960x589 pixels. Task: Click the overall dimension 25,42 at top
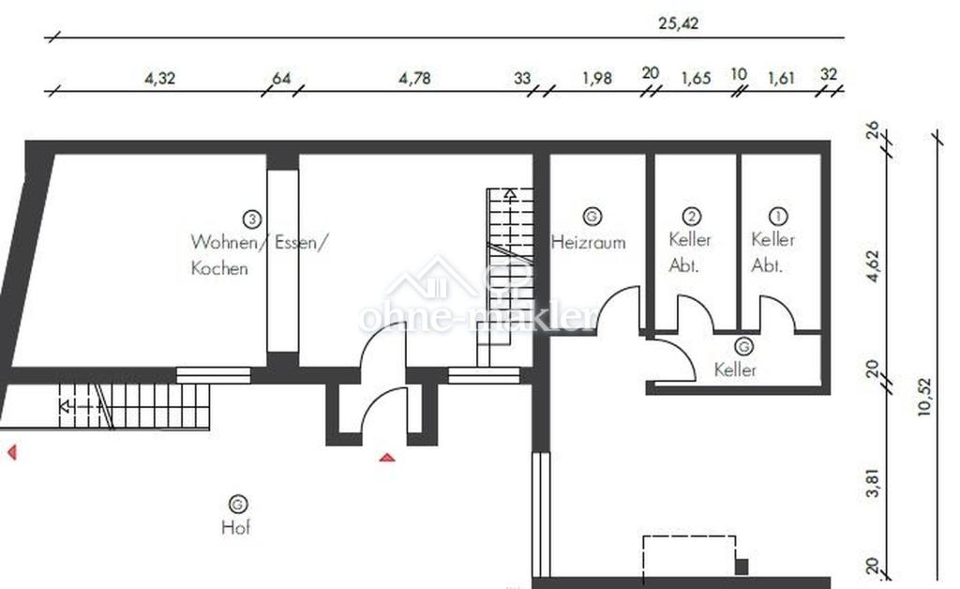click(678, 23)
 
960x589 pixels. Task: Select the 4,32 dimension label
click(159, 79)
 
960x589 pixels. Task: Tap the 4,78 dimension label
click(414, 79)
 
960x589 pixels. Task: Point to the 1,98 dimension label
click(597, 79)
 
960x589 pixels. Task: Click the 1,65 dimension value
click(697, 79)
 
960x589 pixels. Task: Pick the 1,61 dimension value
click(781, 79)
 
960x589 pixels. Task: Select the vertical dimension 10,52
click(924, 397)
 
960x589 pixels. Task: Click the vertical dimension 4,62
click(873, 265)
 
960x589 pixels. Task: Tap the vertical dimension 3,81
click(873, 482)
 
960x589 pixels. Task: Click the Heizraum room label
click(589, 243)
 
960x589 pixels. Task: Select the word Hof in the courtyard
click(235, 527)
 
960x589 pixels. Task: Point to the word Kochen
click(219, 268)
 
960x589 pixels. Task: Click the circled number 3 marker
click(251, 219)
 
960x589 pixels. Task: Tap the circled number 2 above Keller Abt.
click(691, 216)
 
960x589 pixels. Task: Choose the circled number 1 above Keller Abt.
click(777, 216)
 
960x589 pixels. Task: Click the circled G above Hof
click(237, 505)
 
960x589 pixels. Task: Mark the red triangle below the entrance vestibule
click(387, 458)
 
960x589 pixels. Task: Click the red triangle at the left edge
click(11, 452)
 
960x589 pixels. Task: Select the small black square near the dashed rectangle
click(742, 566)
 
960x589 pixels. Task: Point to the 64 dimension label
click(281, 79)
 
